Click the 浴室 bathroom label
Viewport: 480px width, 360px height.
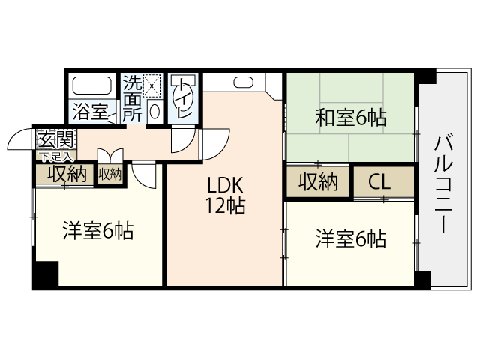point(90,113)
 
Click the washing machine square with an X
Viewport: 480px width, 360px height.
point(153,85)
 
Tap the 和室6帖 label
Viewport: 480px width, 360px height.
point(350,117)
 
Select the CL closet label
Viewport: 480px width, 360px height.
point(380,181)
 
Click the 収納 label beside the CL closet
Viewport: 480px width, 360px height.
point(318,181)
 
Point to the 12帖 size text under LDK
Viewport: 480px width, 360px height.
point(226,206)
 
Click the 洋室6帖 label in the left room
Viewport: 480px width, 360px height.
point(97,231)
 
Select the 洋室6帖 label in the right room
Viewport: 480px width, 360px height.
point(350,239)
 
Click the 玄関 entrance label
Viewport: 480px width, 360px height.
point(55,139)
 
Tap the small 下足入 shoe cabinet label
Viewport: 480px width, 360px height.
point(55,157)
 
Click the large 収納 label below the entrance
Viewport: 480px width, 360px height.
point(66,174)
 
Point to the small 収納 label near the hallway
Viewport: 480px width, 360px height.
point(109,174)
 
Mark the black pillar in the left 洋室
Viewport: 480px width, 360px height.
point(45,273)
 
